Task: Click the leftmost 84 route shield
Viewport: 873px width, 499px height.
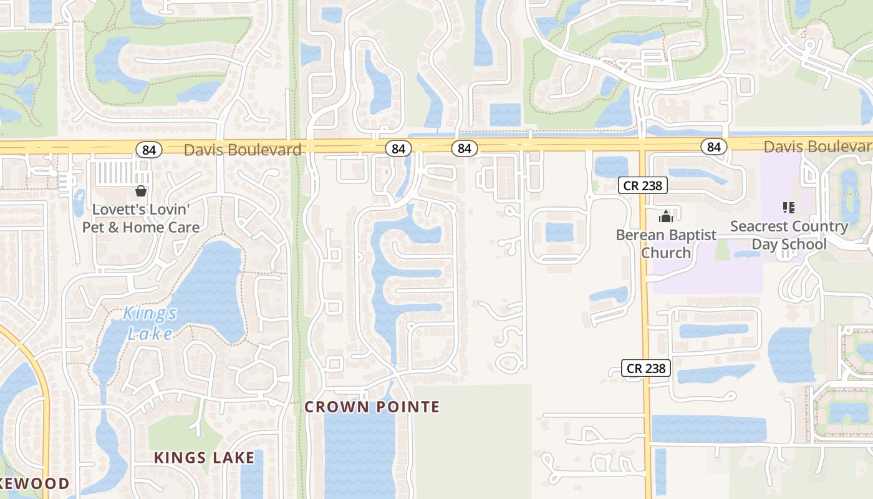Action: click(x=148, y=150)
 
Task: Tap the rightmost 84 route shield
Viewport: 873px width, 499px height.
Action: click(x=713, y=147)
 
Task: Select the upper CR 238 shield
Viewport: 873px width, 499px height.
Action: click(x=644, y=185)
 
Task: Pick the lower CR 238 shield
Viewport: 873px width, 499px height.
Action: click(x=646, y=368)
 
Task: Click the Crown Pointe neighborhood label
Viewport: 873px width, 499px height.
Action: click(x=372, y=407)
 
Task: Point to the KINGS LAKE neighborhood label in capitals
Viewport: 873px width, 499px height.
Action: click(x=204, y=458)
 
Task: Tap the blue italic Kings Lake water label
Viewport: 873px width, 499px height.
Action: click(x=150, y=323)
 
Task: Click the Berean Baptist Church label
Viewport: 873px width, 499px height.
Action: click(x=666, y=244)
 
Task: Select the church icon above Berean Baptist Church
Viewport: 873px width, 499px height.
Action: click(x=666, y=216)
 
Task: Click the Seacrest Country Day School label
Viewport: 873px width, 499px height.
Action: click(x=789, y=235)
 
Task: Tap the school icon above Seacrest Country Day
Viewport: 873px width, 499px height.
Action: click(x=788, y=207)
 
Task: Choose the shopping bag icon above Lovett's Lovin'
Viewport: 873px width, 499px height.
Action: click(x=141, y=191)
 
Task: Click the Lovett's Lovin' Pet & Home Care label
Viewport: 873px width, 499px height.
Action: click(x=141, y=218)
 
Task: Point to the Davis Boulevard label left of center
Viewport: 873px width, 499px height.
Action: click(x=243, y=150)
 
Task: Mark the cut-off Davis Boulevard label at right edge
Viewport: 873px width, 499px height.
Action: click(x=818, y=147)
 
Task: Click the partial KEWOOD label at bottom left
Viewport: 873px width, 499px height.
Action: click(x=34, y=483)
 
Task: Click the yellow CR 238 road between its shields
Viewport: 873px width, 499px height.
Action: click(x=645, y=281)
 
